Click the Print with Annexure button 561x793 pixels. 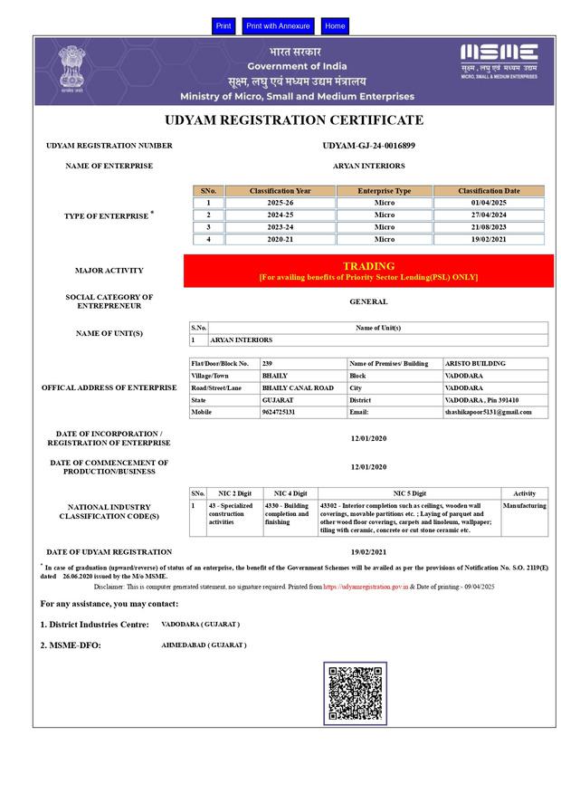pos(278,26)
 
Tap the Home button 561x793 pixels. pos(335,26)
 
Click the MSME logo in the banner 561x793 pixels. pos(499,59)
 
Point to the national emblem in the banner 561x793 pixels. pos(71,68)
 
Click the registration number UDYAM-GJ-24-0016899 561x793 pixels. pos(368,145)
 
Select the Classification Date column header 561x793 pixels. pos(489,191)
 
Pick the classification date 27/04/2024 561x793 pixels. pos(489,215)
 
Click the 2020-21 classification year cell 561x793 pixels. pos(280,239)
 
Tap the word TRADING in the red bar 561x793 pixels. pos(368,266)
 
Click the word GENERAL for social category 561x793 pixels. pos(368,301)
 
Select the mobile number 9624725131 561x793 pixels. pos(279,412)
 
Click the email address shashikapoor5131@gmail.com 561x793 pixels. pos(488,412)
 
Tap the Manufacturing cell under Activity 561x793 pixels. pos(525,506)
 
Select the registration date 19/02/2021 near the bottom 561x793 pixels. pos(368,551)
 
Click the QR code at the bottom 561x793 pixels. pos(355,693)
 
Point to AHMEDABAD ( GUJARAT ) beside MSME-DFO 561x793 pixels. pos(204,645)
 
